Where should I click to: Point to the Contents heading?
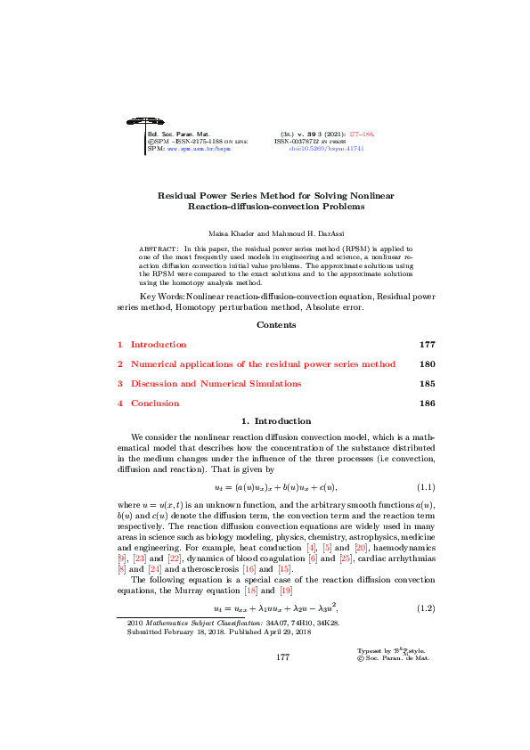(x=276, y=300)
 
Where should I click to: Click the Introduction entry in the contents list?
(x=159, y=319)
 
